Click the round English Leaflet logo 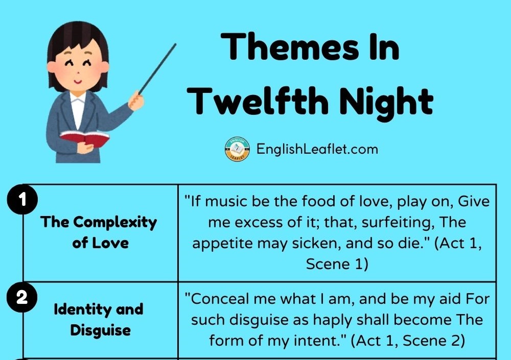point(237,149)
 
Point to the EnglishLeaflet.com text point(317,149)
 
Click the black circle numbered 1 point(22,199)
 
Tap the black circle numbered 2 point(22,298)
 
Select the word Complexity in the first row point(114,223)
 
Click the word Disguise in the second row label point(100,330)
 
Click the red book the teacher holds point(85,138)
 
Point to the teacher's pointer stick point(157,69)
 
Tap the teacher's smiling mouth point(78,81)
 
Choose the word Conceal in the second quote point(219,299)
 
